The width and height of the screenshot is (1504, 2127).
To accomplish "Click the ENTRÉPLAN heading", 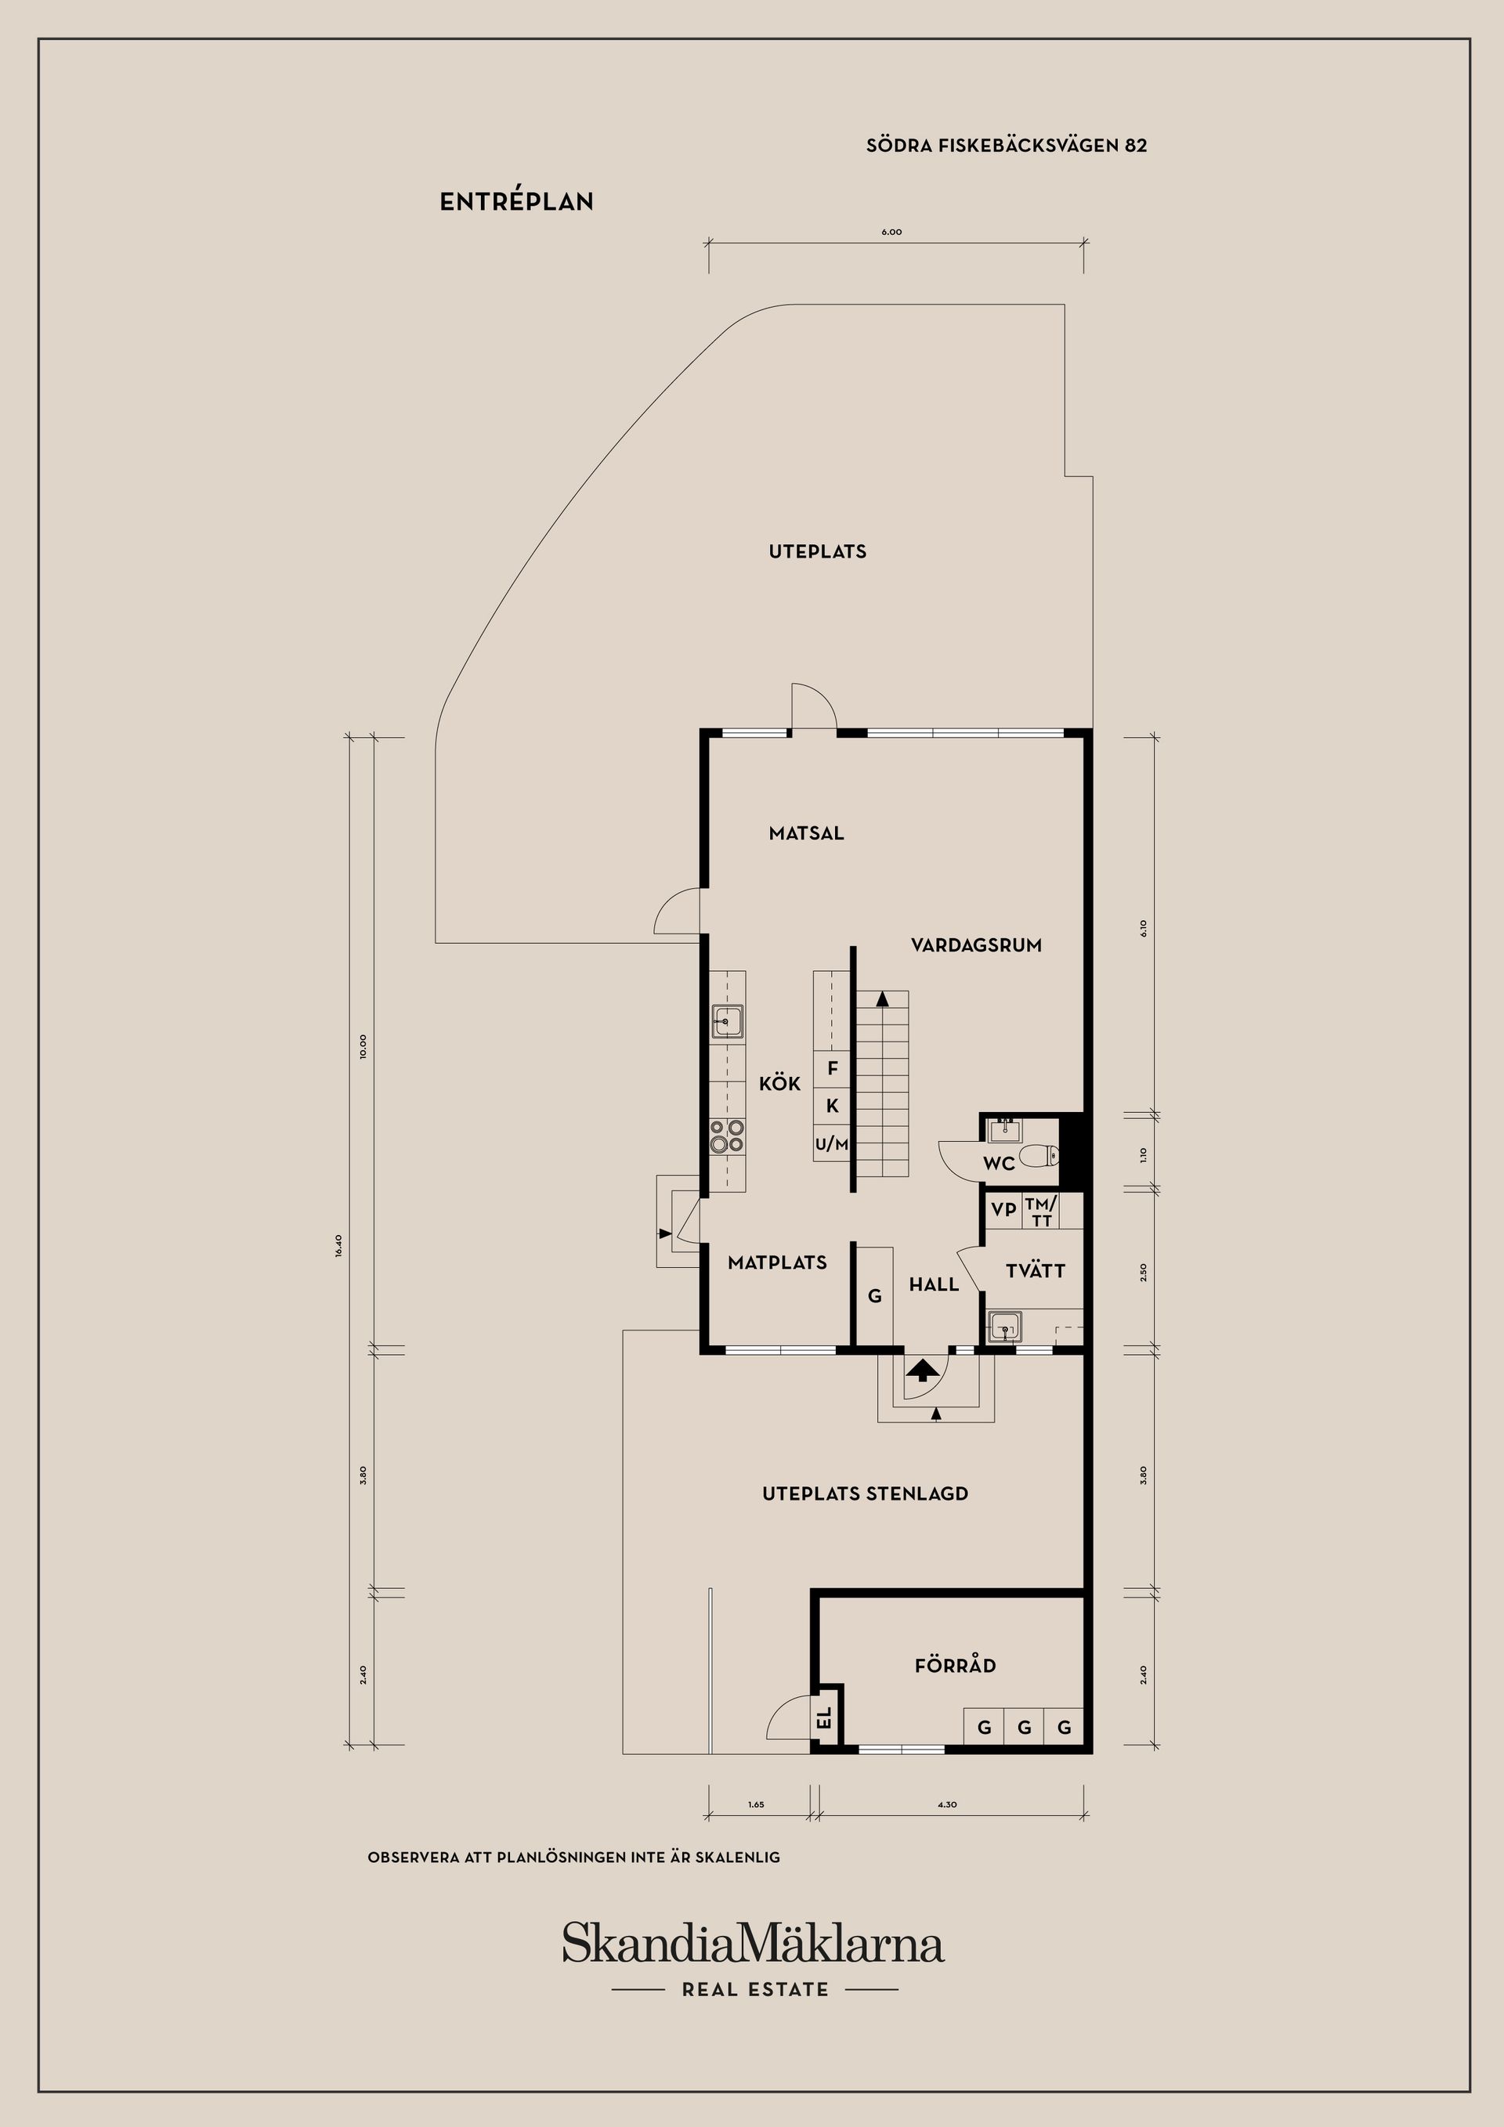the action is [x=516, y=201].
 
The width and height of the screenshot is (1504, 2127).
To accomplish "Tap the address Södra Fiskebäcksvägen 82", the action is [x=1007, y=146].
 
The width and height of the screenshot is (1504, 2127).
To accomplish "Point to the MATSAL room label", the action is [x=806, y=832].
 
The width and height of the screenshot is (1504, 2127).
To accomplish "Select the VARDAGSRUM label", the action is [x=976, y=945].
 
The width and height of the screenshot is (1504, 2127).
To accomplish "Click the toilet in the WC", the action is [x=1038, y=1155].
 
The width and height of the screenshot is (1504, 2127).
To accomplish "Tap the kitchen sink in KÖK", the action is [x=728, y=1021].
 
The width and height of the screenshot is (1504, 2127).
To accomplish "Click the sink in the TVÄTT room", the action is [x=1004, y=1326].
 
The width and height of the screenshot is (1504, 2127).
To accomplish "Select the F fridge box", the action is [x=832, y=1068].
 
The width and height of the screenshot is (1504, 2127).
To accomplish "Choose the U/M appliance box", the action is [x=832, y=1144].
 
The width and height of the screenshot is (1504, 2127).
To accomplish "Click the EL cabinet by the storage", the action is [x=824, y=1721].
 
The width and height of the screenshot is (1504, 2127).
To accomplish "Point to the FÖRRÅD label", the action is [x=956, y=1665].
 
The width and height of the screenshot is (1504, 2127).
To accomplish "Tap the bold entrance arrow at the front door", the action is [x=920, y=1370].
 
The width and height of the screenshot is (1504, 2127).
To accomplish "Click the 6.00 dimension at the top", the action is [x=891, y=232].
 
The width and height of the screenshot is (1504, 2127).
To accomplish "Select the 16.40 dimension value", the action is [x=339, y=1244].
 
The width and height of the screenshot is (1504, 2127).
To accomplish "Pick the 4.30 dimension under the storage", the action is [x=947, y=1804].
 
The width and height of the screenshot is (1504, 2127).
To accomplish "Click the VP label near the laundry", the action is [x=1003, y=1210].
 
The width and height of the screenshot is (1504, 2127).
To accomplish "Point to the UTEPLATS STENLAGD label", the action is [x=866, y=1493].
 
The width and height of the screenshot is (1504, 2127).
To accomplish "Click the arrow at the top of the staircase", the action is [x=882, y=998].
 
